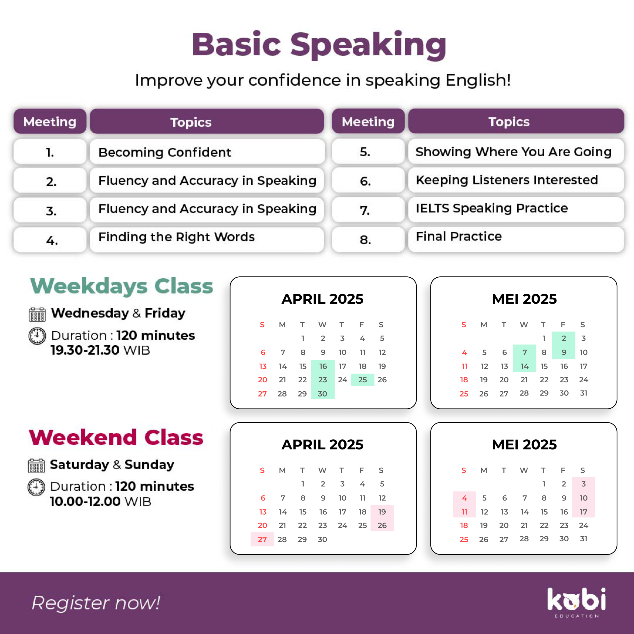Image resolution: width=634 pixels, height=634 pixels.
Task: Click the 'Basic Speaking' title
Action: pyautogui.click(x=319, y=45)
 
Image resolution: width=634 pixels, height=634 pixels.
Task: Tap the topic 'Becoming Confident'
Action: pyautogui.click(x=165, y=152)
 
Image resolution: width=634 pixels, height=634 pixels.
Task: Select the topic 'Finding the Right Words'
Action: pyautogui.click(x=177, y=237)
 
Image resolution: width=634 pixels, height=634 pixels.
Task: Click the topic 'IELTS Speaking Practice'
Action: pyautogui.click(x=492, y=208)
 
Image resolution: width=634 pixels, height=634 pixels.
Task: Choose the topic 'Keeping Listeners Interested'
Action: pyautogui.click(x=507, y=180)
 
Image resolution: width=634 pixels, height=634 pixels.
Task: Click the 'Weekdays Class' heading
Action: pyautogui.click(x=121, y=286)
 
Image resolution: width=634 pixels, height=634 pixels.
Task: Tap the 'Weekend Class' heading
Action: pyautogui.click(x=116, y=437)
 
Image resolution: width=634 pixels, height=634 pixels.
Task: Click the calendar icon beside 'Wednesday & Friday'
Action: pyautogui.click(x=37, y=314)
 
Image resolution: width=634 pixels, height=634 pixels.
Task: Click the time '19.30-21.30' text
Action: pyautogui.click(x=85, y=350)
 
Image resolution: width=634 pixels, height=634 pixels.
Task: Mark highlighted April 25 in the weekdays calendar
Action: pyautogui.click(x=363, y=380)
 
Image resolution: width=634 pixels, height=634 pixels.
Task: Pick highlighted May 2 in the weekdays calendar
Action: pyautogui.click(x=563, y=338)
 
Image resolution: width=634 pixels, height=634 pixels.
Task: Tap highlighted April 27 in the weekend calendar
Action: pyautogui.click(x=262, y=539)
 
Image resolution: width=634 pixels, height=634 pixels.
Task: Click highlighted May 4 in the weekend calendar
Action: pyautogui.click(x=464, y=498)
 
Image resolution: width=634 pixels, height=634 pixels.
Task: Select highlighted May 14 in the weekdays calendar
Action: pyautogui.click(x=524, y=366)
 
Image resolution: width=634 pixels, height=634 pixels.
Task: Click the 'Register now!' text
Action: pyautogui.click(x=96, y=603)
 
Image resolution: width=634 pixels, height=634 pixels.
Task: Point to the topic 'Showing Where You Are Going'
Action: pyautogui.click(x=514, y=152)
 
